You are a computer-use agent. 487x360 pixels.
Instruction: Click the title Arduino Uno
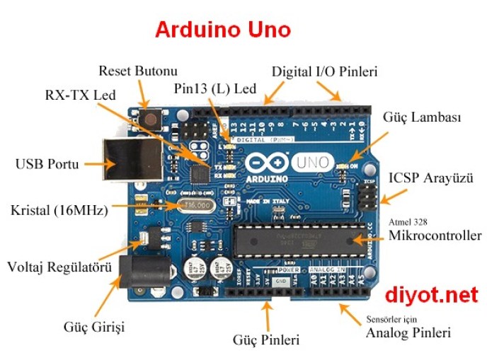(x=222, y=30)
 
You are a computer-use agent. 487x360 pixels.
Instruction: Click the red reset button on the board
(x=150, y=118)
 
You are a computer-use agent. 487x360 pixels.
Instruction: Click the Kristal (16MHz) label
(x=59, y=210)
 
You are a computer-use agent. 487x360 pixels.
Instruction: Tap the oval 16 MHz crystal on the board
(x=193, y=205)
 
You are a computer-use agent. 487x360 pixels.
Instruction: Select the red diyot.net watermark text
(x=432, y=295)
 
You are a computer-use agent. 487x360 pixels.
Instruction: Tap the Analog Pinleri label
(x=408, y=332)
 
